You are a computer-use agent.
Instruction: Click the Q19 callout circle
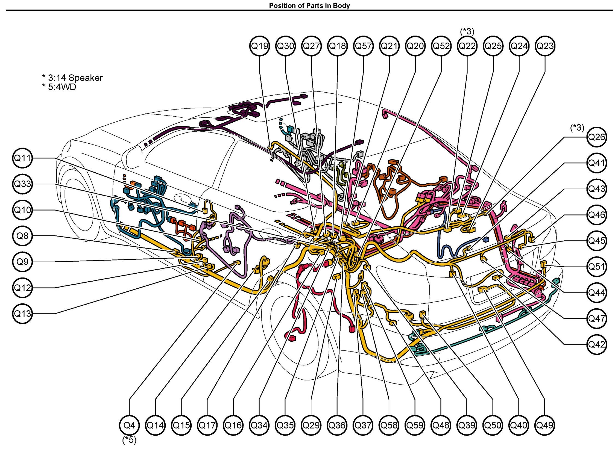(x=259, y=46)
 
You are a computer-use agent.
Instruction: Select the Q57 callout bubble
(x=363, y=46)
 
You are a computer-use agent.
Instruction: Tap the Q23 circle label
(x=545, y=46)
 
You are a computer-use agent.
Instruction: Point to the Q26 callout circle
(x=596, y=137)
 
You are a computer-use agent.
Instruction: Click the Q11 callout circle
(x=22, y=158)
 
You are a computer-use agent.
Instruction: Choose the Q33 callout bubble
(x=22, y=184)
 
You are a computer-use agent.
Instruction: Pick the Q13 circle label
(x=22, y=314)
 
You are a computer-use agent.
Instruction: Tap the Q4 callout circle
(x=129, y=425)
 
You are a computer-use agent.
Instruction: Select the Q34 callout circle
(x=259, y=425)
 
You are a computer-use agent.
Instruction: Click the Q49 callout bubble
(x=544, y=425)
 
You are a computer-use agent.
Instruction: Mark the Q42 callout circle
(x=596, y=344)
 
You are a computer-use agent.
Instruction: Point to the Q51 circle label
(x=596, y=267)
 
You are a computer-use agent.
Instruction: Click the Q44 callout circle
(x=596, y=293)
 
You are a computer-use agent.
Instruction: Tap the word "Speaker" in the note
(x=85, y=78)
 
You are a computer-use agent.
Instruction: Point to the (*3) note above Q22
(x=467, y=31)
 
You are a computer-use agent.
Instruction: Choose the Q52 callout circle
(x=441, y=46)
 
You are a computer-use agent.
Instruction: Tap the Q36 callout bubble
(x=337, y=425)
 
